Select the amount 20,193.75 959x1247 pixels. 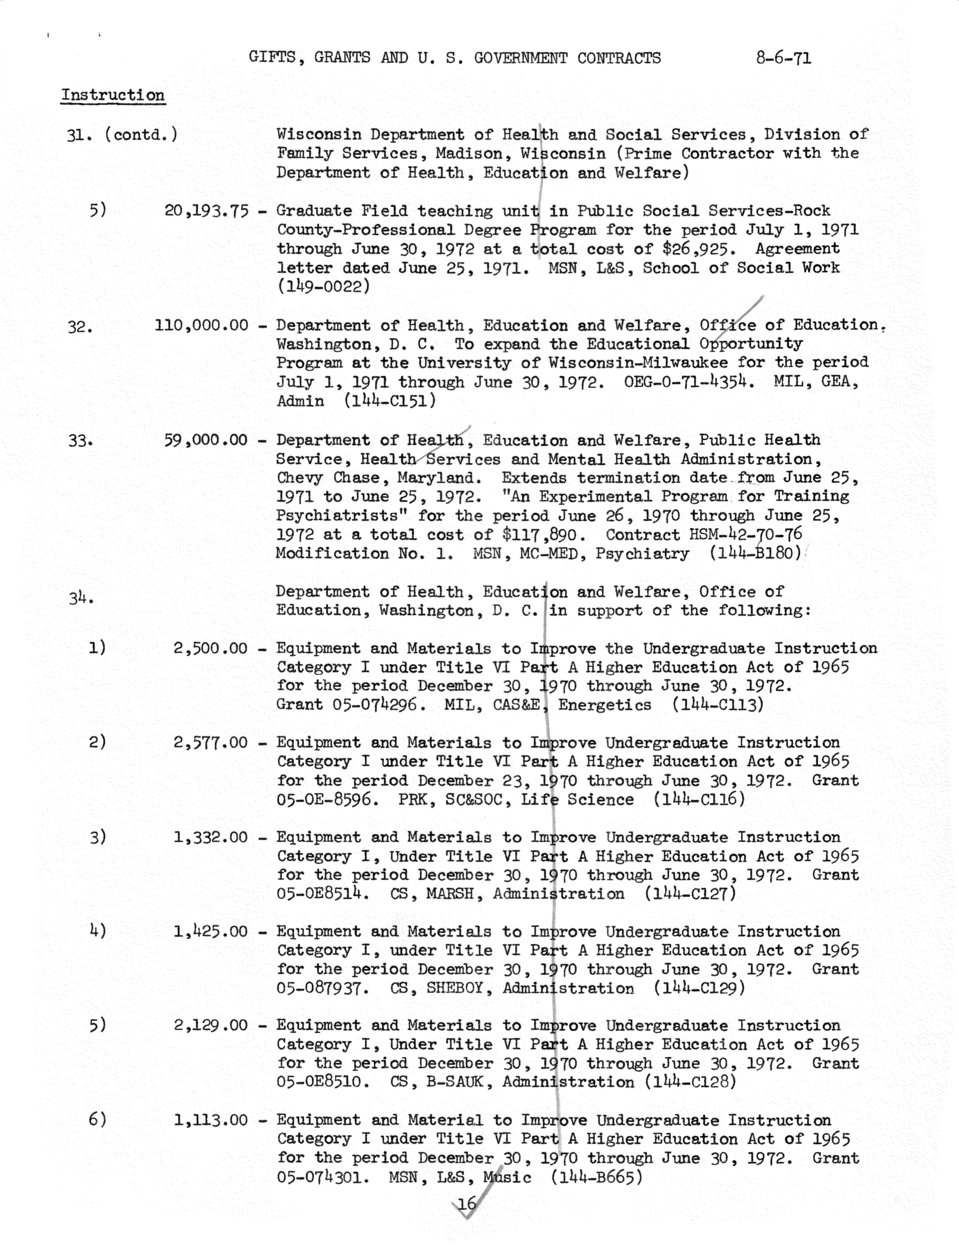coord(207,211)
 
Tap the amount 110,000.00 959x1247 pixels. coord(201,325)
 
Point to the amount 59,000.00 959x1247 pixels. coord(206,440)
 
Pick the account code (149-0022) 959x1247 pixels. coord(324,287)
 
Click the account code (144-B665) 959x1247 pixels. coord(597,1177)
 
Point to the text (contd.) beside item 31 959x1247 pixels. coord(141,135)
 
